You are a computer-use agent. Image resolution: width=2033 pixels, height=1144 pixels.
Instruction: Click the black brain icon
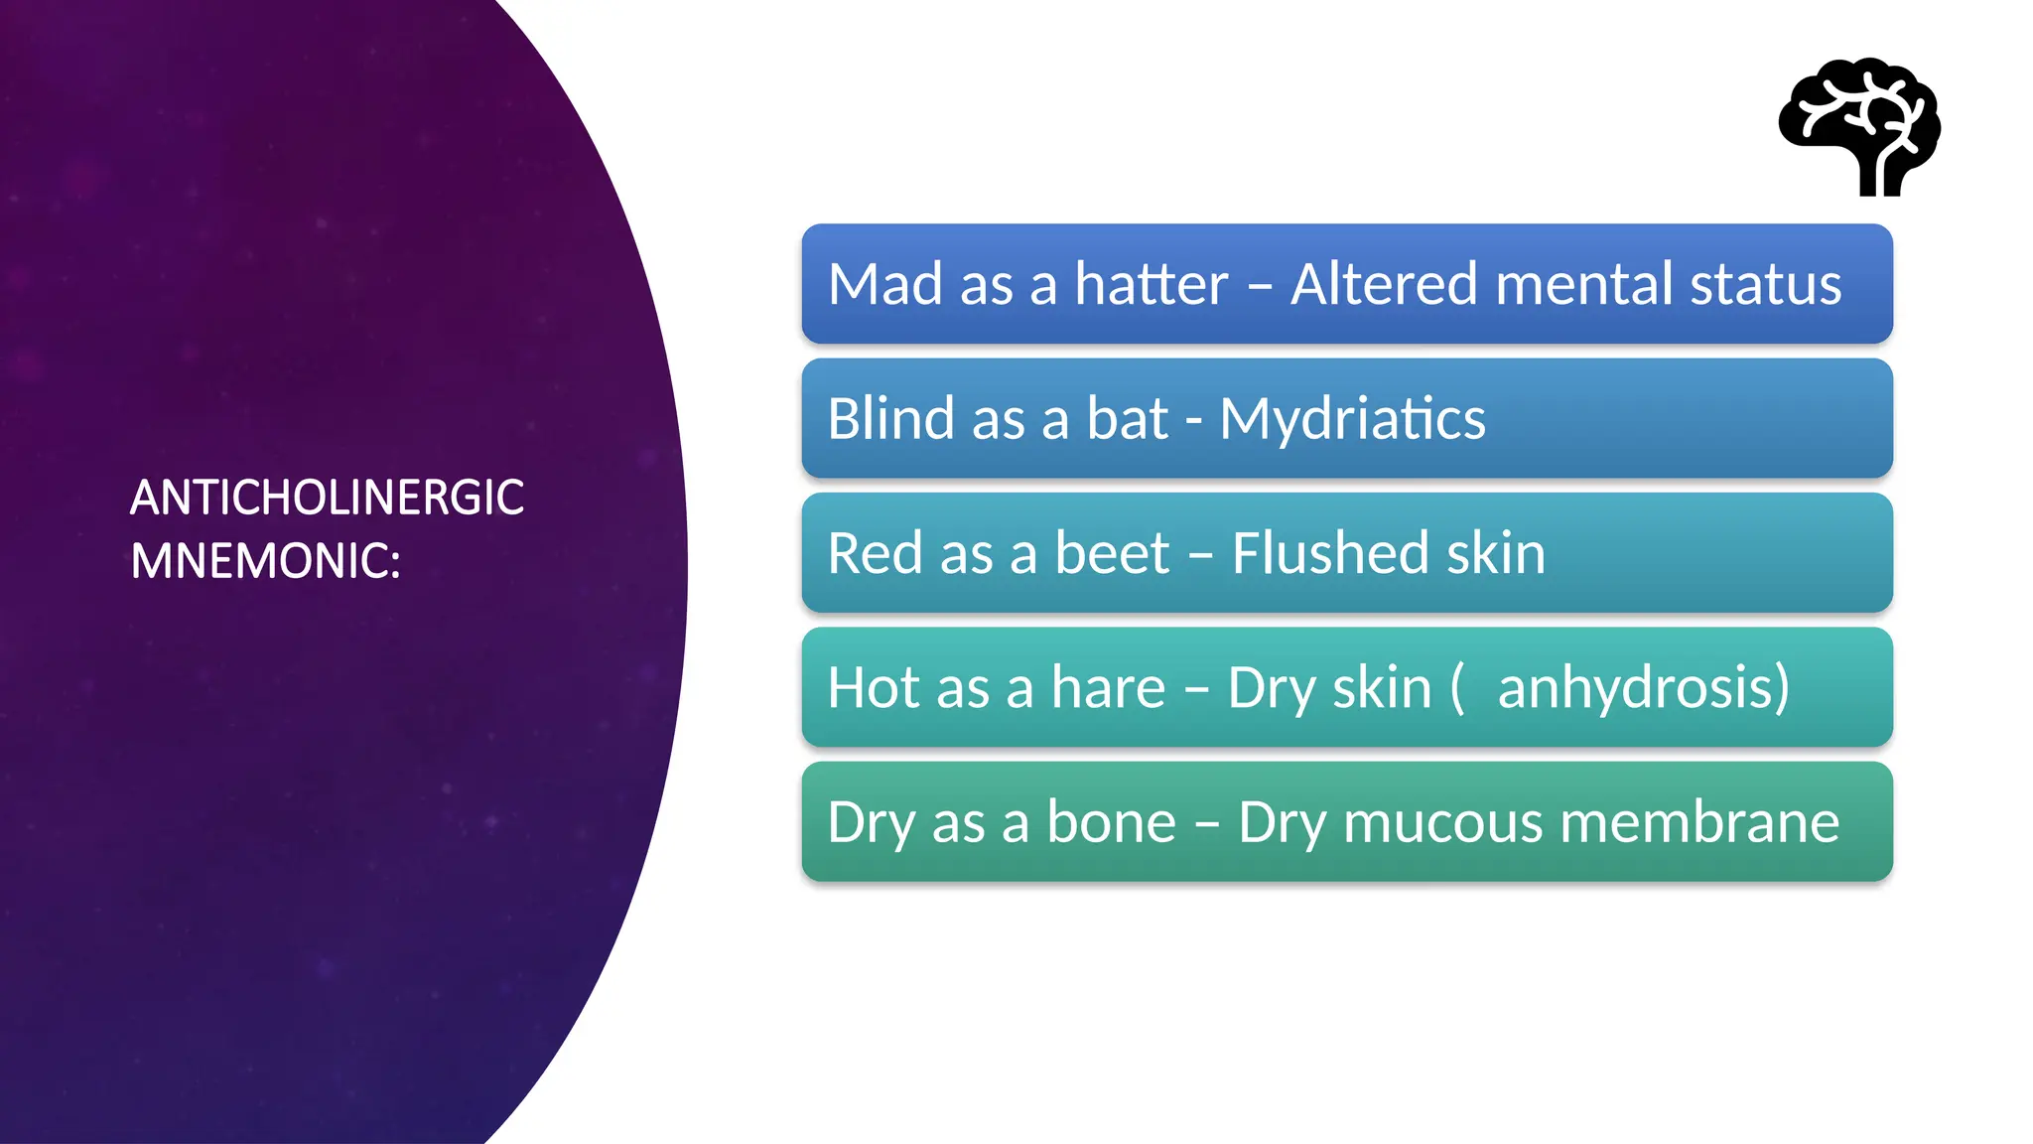[1859, 126]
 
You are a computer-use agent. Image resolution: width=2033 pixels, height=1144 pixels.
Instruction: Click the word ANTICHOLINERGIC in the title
[327, 498]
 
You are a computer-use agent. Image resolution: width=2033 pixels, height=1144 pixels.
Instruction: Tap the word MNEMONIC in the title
[263, 561]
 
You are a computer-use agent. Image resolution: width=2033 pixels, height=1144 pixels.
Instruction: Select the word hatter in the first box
[1152, 285]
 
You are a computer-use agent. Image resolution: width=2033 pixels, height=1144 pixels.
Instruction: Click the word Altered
[1385, 285]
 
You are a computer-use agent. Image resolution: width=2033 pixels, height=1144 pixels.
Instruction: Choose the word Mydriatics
[1352, 420]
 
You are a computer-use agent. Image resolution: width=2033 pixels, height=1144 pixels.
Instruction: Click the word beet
[1112, 553]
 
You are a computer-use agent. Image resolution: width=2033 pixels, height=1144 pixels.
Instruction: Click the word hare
[1108, 688]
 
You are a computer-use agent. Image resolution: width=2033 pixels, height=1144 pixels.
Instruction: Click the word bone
[1111, 823]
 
